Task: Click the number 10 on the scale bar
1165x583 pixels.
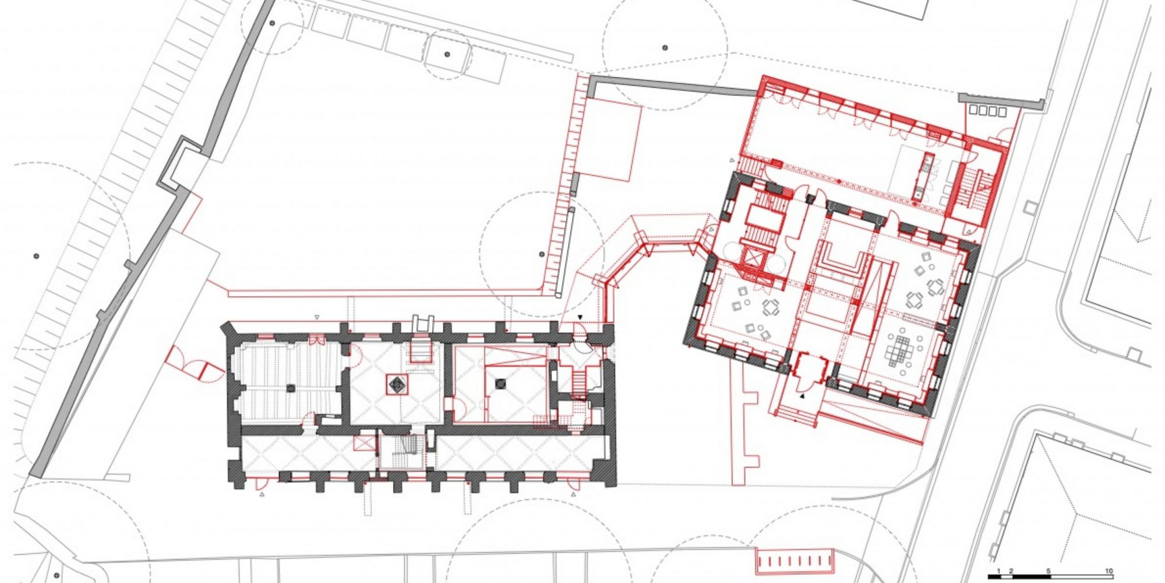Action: point(1109,571)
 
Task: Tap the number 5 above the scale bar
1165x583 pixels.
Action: point(1048,571)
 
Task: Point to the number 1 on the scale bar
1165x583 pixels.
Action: point(999,571)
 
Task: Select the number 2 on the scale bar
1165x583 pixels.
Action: point(1011,571)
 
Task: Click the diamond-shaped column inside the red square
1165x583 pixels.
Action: point(397,384)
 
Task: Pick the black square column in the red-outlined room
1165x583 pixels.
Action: point(500,384)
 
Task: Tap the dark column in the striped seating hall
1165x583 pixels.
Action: point(291,388)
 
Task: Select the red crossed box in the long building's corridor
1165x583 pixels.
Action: point(367,442)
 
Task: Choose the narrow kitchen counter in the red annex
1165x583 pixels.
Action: point(925,177)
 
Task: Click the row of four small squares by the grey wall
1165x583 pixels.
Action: point(988,111)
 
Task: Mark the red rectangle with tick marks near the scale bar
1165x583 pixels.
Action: point(795,561)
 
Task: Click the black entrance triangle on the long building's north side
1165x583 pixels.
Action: point(580,317)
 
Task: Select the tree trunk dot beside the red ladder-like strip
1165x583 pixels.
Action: point(541,254)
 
